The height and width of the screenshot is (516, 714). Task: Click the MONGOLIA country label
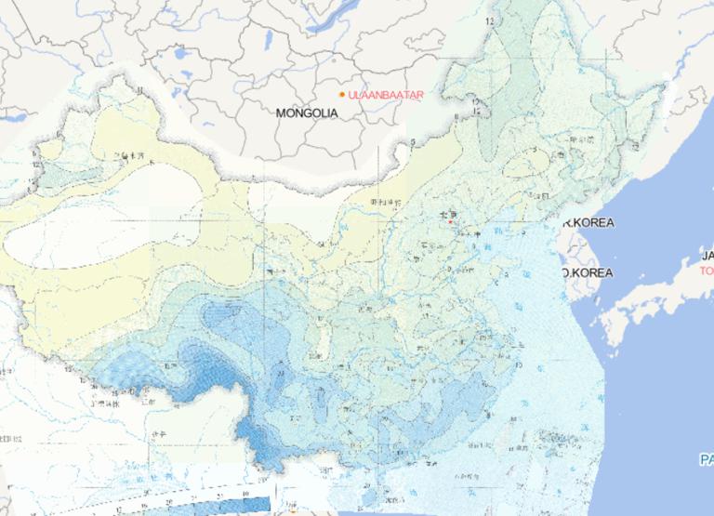(x=306, y=112)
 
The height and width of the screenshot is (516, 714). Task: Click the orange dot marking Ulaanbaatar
(x=342, y=95)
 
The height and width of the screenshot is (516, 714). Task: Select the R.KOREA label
(x=588, y=223)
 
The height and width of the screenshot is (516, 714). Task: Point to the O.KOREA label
(x=588, y=272)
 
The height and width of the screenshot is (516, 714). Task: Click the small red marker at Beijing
(x=451, y=221)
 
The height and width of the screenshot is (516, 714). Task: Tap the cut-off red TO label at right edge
(x=707, y=271)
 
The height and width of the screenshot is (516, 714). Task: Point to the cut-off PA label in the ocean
(x=707, y=459)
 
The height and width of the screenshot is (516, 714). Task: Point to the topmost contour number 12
(x=489, y=19)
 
